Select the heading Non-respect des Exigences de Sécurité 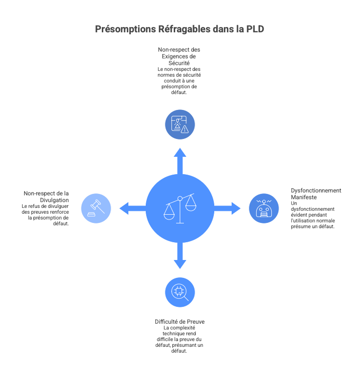point(179,56)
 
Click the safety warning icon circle point(180,124)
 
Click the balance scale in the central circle point(180,208)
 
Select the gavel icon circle point(96,208)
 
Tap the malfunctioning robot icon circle point(263,208)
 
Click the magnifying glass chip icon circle point(180,292)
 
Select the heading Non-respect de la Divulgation point(46,196)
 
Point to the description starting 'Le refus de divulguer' point(45,215)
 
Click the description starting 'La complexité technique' point(179,340)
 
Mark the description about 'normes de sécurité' point(179,81)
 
